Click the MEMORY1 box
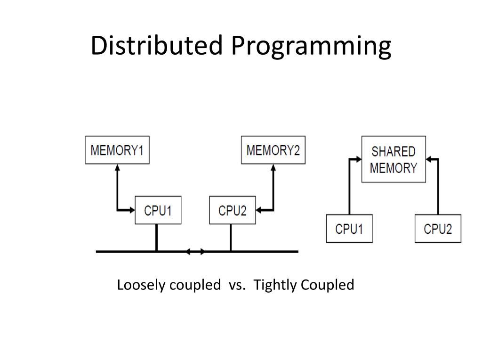click(117, 150)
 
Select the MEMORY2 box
click(273, 150)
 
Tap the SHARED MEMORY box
click(394, 159)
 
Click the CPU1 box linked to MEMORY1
click(158, 210)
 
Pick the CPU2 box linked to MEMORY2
click(232, 210)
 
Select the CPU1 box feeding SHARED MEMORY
click(349, 229)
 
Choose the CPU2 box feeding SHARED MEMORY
click(438, 229)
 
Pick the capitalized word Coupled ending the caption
click(327, 286)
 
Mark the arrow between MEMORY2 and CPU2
click(273, 189)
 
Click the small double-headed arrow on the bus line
click(195, 252)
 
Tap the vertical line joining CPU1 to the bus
click(157, 238)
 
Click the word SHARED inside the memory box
click(394, 152)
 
